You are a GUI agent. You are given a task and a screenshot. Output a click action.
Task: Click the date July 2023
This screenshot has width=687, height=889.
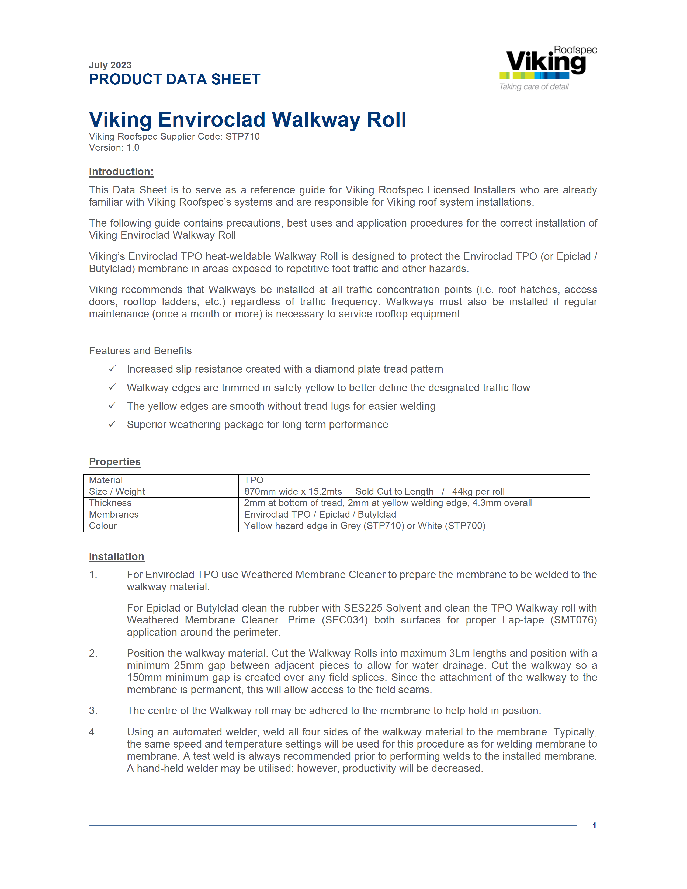(x=110, y=65)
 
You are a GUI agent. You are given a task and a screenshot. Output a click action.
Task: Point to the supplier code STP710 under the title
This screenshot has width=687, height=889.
(x=242, y=136)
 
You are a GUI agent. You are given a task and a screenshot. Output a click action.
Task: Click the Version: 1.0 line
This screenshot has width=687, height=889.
(x=114, y=148)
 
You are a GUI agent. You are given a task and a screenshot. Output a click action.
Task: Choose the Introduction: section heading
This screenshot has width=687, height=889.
(x=121, y=172)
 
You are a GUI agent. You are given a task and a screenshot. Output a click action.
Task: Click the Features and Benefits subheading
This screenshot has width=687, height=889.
(x=140, y=350)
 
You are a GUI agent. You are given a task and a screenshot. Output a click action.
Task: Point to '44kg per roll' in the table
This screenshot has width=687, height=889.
(x=478, y=491)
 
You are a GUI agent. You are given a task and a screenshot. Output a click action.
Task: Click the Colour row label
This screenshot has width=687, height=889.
(x=103, y=526)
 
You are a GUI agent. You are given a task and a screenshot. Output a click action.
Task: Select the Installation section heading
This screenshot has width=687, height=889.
(x=116, y=557)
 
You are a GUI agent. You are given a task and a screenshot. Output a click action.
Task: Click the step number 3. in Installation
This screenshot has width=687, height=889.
(x=93, y=710)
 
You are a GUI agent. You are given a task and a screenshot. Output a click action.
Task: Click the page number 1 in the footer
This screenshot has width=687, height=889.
(x=594, y=825)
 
